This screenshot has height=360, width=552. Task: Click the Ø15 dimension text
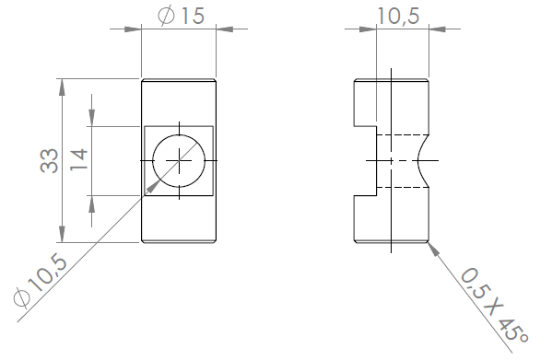181,16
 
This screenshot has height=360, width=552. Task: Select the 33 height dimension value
49,160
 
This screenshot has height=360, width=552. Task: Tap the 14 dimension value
79,159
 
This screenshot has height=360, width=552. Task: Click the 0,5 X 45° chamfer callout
495,305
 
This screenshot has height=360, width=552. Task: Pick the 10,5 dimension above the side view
398,17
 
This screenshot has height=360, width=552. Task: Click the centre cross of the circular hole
179,160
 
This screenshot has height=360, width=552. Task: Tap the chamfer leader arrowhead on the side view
434,249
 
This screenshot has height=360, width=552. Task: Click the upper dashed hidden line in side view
403,134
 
